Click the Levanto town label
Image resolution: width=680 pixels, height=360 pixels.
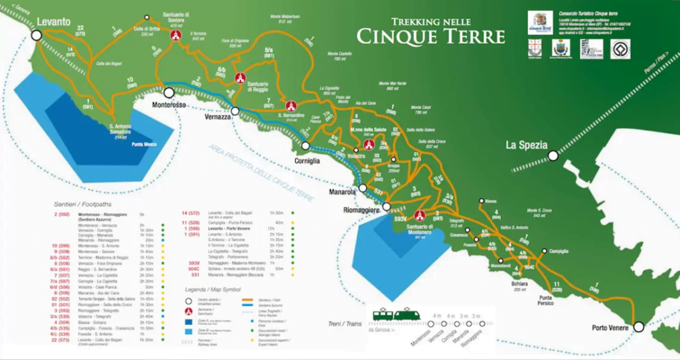54,22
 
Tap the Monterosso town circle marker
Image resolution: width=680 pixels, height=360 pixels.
169,93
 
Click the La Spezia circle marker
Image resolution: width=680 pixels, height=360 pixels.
552,156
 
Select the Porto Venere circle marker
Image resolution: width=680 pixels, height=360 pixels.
639,327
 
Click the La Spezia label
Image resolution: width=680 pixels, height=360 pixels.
526,145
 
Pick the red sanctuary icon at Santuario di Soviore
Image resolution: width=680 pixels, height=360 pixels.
176,35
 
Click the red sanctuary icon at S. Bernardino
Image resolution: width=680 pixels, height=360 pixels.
290,106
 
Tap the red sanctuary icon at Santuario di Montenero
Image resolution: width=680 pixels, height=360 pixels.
419,215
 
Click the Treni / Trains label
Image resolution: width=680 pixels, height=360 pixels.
343,324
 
